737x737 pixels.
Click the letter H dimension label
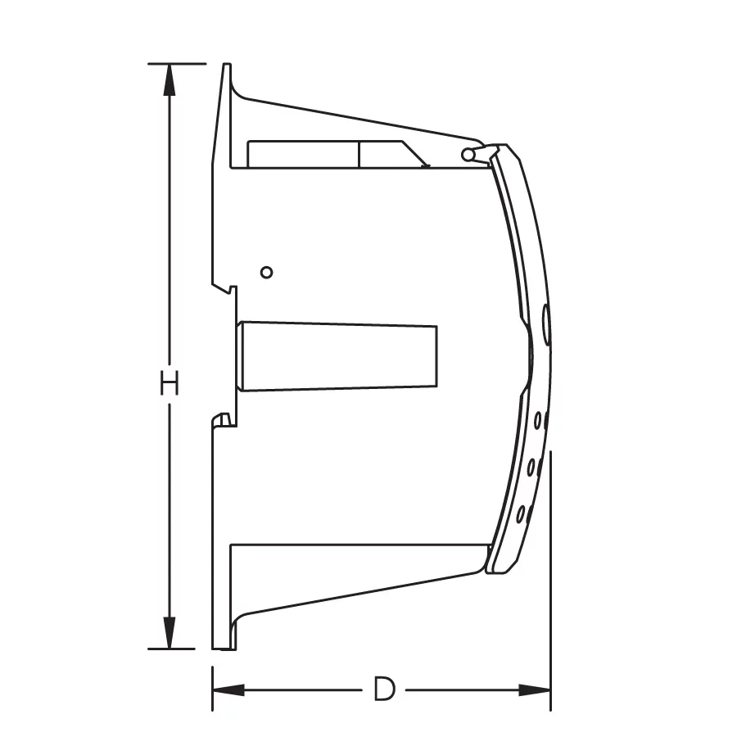170,383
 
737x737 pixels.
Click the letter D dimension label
384,690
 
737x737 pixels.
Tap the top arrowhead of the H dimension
170,80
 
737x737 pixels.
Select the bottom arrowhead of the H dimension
170,633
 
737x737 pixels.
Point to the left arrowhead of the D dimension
229,690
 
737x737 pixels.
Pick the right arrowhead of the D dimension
534,690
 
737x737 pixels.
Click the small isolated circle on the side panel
266,272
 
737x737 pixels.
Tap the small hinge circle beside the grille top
468,154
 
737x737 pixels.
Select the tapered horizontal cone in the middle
337,356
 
